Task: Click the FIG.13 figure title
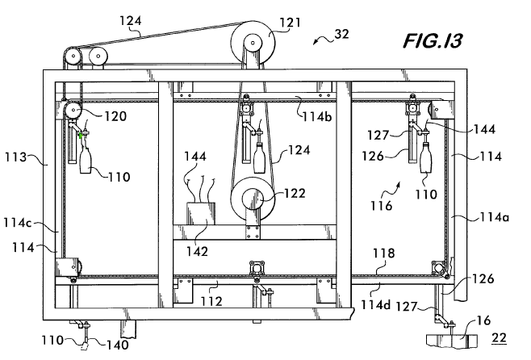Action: (x=433, y=41)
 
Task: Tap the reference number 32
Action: (x=341, y=34)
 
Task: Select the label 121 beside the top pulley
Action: (x=290, y=23)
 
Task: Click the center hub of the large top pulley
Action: (x=253, y=43)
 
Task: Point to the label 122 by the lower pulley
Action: (x=295, y=194)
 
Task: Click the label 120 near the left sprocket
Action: (x=115, y=116)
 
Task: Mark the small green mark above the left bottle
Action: (x=81, y=136)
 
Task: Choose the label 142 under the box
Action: (x=197, y=251)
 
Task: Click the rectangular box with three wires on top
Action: (x=201, y=213)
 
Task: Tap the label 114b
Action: (x=316, y=116)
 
